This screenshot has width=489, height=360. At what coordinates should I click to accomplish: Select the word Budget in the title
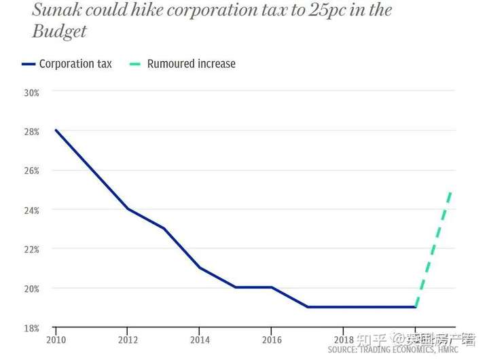click(60, 32)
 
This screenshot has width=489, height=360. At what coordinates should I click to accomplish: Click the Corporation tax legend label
click(75, 64)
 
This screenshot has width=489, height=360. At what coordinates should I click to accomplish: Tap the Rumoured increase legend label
click(192, 64)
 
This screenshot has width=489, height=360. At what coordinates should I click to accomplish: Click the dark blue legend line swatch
click(28, 65)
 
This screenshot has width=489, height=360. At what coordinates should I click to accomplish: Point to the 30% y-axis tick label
click(31, 92)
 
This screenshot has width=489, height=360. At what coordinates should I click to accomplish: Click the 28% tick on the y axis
click(31, 131)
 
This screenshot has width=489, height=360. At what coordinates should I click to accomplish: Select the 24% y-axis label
click(31, 210)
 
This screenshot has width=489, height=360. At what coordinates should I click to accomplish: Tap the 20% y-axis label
click(31, 288)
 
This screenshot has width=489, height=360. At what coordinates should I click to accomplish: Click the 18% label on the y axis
click(31, 327)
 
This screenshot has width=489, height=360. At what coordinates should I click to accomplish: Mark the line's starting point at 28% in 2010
click(56, 130)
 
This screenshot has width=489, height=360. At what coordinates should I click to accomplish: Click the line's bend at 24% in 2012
click(128, 209)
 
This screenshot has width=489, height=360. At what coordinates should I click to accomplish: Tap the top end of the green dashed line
click(450, 191)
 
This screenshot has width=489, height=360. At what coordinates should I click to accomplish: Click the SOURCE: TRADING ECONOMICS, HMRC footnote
click(393, 349)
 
